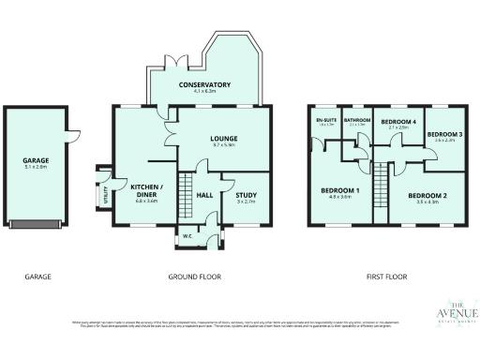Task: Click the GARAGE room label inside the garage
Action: [36, 160]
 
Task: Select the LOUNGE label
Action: [222, 139]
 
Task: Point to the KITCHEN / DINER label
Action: [145, 188]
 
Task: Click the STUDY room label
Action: [247, 195]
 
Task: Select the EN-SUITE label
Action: [326, 121]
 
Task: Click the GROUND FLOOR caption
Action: [194, 277]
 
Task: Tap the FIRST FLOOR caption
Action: [385, 277]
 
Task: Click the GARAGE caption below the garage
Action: [37, 277]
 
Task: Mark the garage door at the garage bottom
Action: [37, 223]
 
